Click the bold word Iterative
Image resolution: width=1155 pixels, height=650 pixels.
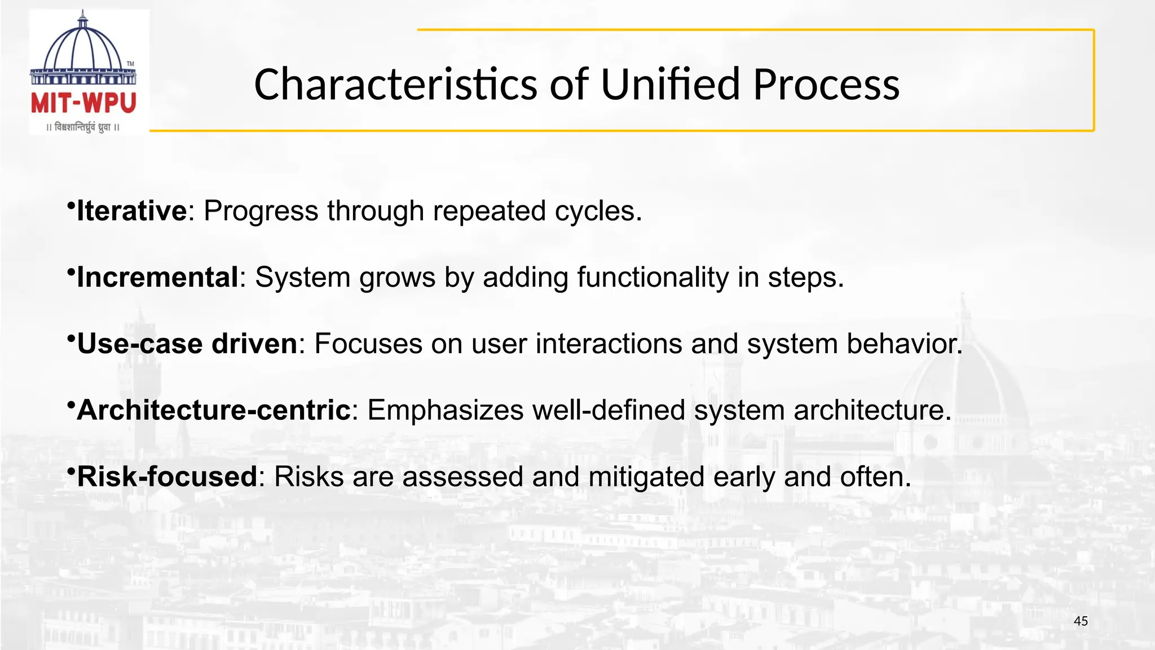(x=131, y=211)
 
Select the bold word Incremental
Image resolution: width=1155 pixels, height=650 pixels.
(x=157, y=278)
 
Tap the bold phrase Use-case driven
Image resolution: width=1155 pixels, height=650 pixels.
(x=187, y=344)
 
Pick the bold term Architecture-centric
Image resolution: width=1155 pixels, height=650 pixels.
(x=214, y=410)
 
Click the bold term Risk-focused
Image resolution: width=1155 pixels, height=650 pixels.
(x=167, y=477)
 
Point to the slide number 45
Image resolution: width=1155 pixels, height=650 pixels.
(x=1081, y=621)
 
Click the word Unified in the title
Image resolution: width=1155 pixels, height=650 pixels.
(x=670, y=85)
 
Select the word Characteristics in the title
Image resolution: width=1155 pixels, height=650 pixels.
(x=395, y=85)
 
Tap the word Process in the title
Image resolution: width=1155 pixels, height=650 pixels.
(x=826, y=85)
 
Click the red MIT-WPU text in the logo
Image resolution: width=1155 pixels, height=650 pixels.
(x=83, y=104)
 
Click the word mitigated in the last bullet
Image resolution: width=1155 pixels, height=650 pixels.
(x=646, y=477)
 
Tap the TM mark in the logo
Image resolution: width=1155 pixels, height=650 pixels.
(x=130, y=64)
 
